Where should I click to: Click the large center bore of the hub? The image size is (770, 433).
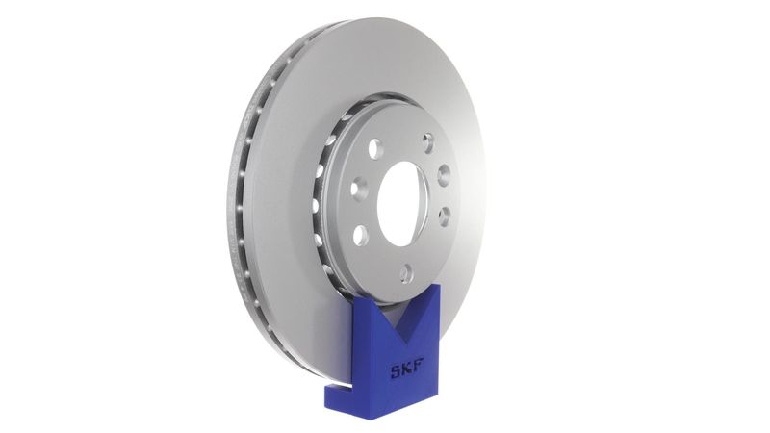402,202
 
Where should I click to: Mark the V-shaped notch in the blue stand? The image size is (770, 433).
392,318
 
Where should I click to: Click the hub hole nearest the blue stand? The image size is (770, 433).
406,274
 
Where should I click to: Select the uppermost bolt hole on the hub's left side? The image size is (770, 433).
374,149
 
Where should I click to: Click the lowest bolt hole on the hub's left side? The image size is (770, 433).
360,235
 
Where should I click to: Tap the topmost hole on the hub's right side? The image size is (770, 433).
428,143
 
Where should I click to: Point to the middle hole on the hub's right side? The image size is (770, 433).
444,175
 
